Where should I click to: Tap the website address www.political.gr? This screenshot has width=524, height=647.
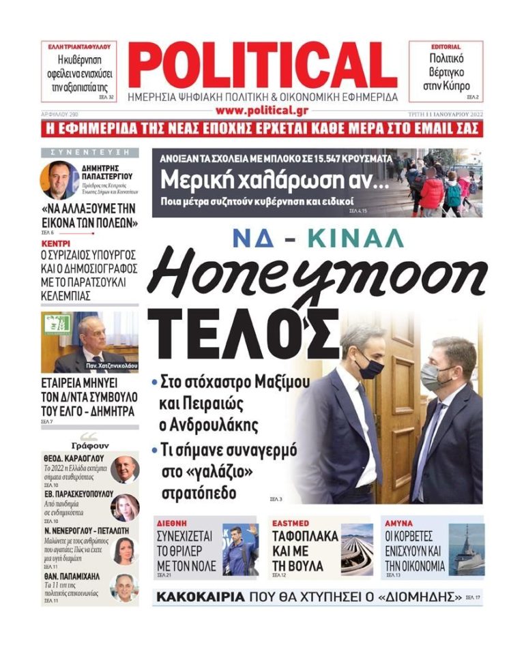click(263, 110)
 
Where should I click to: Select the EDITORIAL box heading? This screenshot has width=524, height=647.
click(446, 47)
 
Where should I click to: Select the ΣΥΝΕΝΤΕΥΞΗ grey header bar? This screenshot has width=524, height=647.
click(89, 152)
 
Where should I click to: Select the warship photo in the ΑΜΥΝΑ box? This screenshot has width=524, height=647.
click(467, 550)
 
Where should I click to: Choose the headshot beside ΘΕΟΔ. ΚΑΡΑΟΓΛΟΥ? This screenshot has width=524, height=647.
click(126, 469)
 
